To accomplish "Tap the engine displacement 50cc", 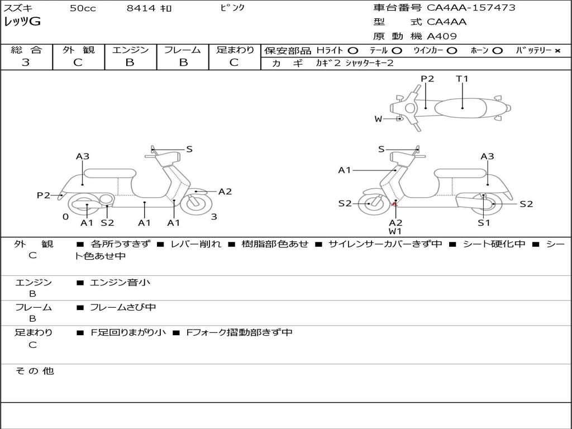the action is [x=83, y=8].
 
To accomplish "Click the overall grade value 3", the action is [x=26, y=63].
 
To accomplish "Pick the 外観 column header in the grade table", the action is [x=78, y=50].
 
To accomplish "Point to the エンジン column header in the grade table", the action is [x=130, y=50].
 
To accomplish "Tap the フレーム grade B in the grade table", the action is [x=183, y=63].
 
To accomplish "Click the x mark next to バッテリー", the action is [x=557, y=51].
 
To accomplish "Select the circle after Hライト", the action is [x=352, y=51].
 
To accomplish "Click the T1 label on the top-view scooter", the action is [x=462, y=79].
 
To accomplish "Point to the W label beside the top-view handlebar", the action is [x=378, y=119].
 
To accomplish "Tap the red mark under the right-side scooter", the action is [x=394, y=205].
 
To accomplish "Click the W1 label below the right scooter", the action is [x=395, y=231].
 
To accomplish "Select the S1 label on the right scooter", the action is [x=484, y=223].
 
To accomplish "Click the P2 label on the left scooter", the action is [x=44, y=196].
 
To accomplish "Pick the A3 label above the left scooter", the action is [x=83, y=156].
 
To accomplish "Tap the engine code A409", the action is [x=442, y=36].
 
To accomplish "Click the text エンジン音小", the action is [x=120, y=283].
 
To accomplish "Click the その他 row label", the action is [x=34, y=371].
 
